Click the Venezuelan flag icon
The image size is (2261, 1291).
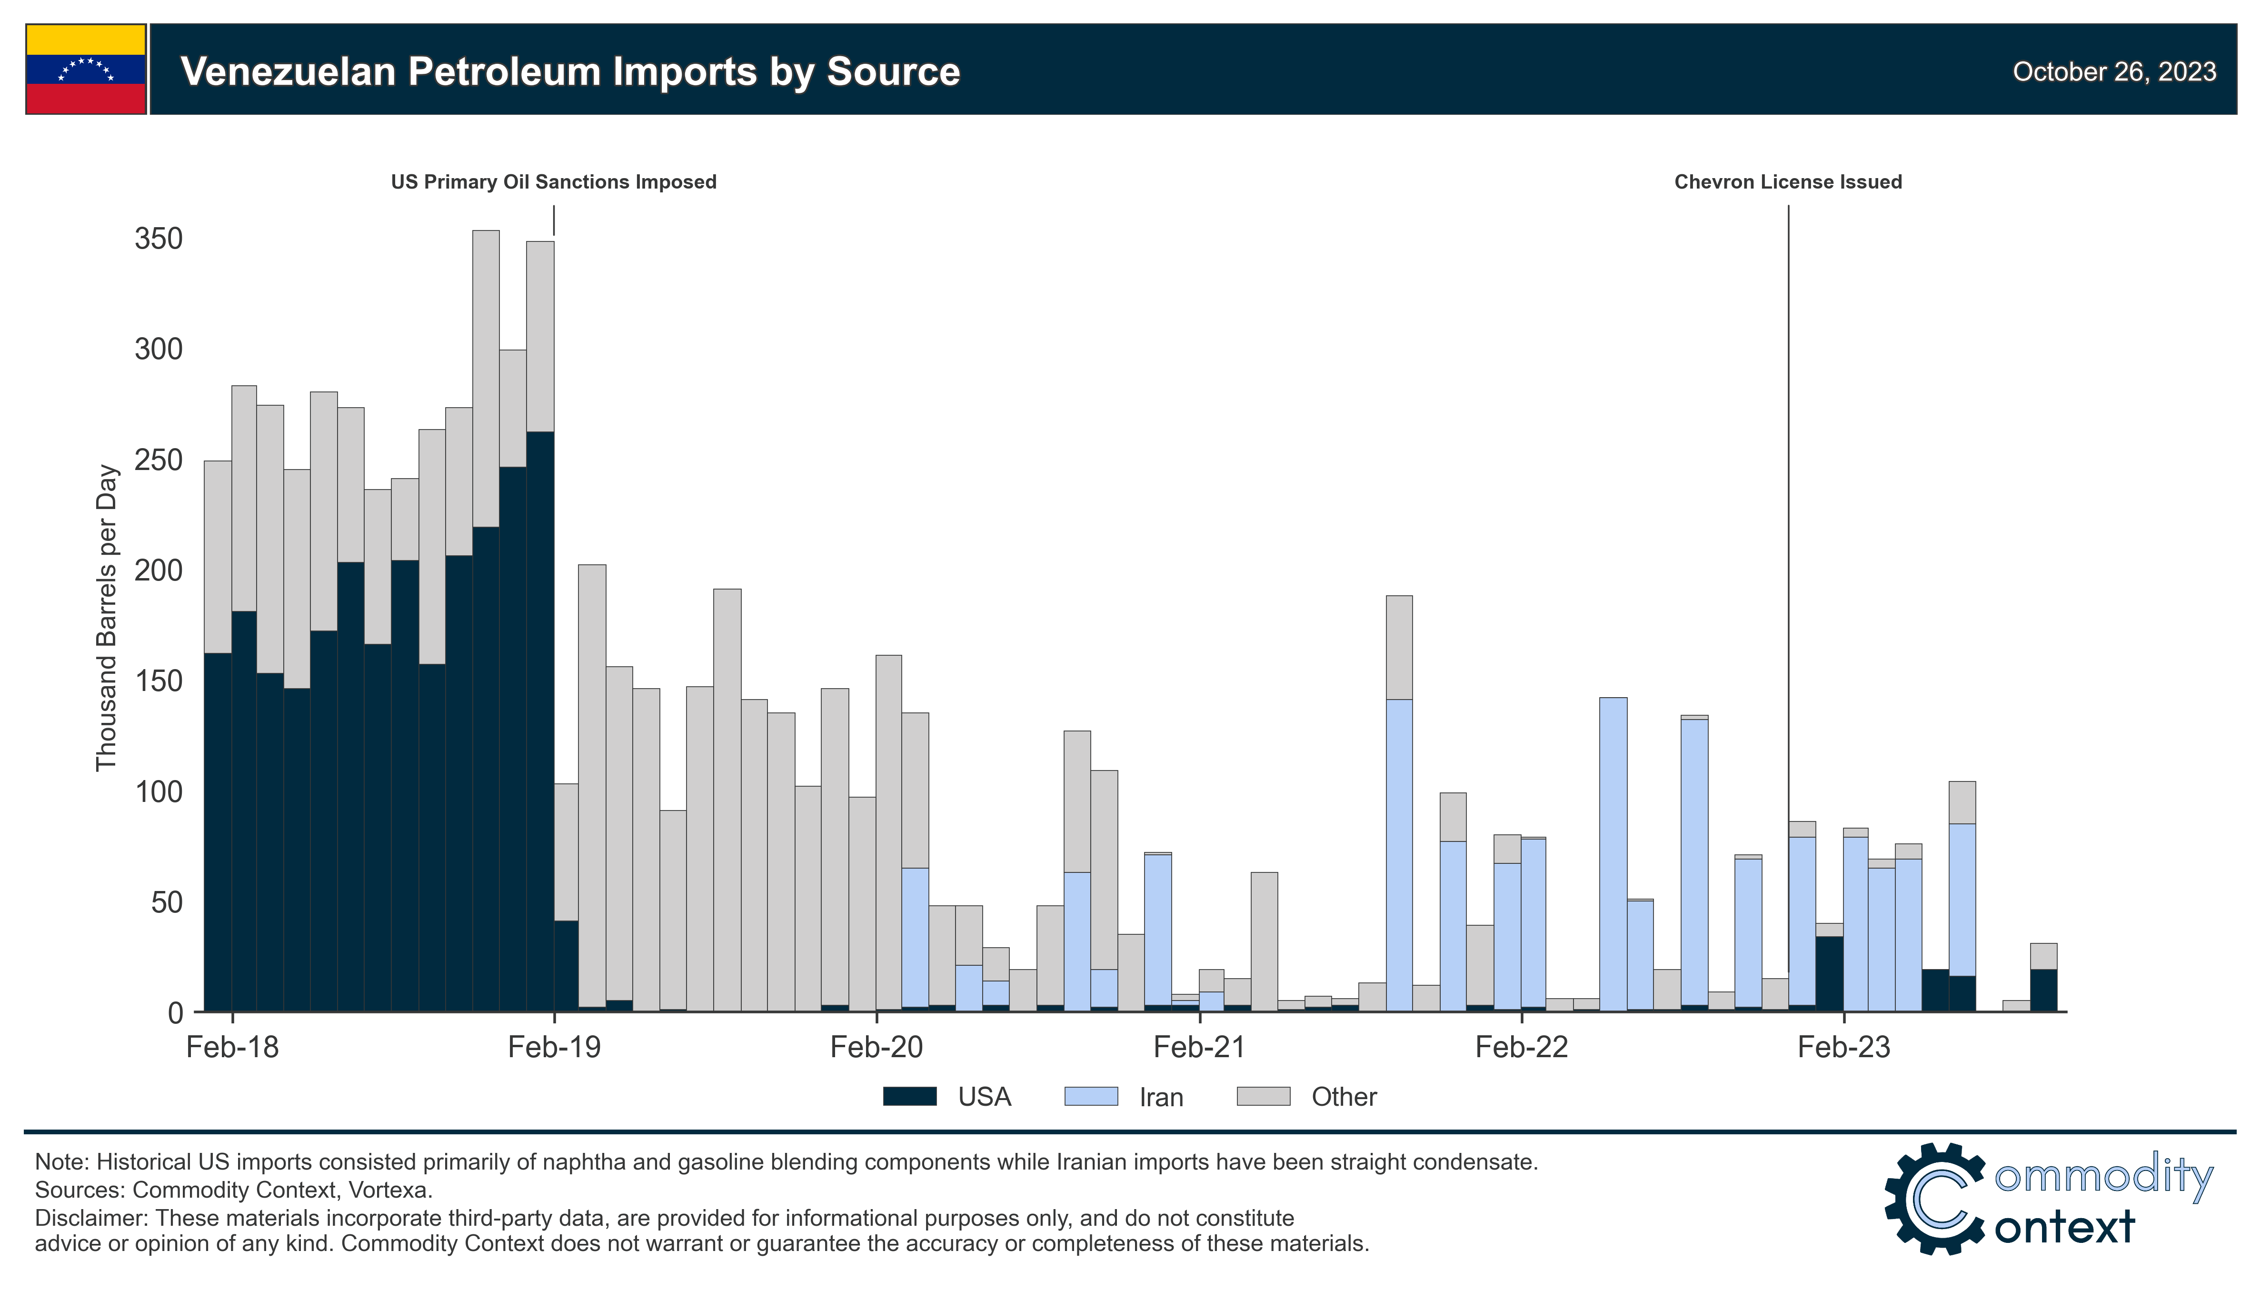(86, 69)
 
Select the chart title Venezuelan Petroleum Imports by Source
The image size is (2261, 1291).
(570, 72)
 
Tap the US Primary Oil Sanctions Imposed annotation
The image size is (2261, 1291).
(553, 182)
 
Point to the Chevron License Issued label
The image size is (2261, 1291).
(1787, 182)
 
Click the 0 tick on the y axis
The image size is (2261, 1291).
(175, 1012)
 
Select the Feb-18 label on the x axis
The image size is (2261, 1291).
(232, 1047)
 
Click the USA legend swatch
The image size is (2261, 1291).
(909, 1097)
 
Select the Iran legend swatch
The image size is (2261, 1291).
(1090, 1097)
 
